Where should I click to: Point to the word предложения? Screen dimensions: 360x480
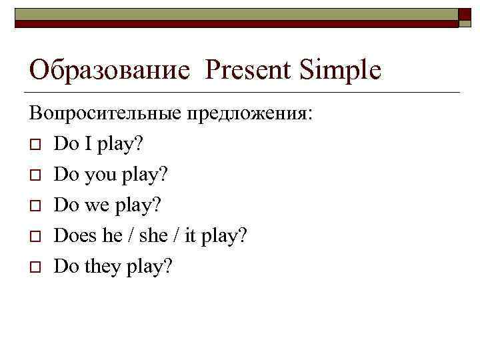[248, 113]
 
